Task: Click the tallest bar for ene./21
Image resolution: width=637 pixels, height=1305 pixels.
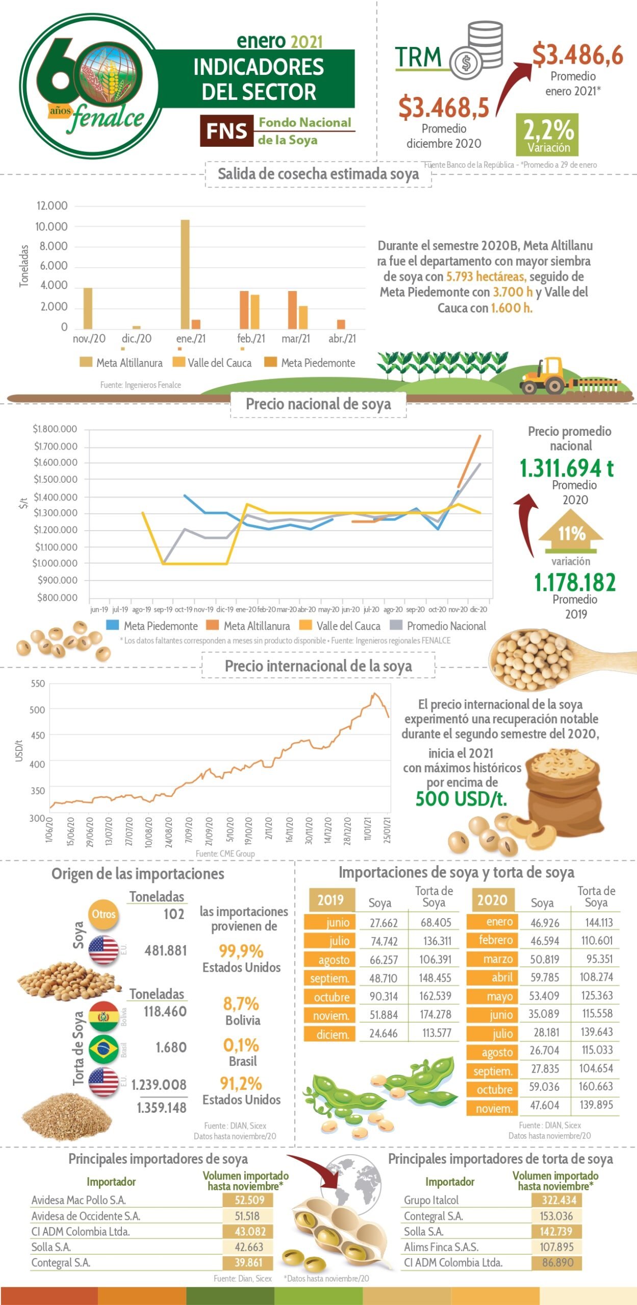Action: (x=185, y=274)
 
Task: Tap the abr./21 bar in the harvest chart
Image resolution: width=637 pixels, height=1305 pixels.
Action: (x=341, y=324)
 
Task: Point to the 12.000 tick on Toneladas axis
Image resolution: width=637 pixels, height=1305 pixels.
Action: (x=52, y=206)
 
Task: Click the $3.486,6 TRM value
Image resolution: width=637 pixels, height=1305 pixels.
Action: (x=577, y=55)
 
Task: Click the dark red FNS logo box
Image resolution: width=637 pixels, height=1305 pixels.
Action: (x=226, y=131)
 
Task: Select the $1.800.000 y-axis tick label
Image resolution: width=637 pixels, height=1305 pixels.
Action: (x=55, y=429)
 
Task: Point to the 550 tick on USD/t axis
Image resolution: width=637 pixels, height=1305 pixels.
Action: (x=38, y=684)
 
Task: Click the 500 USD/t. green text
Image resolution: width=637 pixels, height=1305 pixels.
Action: (x=461, y=798)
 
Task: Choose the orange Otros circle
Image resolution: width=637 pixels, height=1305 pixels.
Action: (x=104, y=914)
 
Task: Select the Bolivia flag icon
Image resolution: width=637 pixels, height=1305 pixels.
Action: (x=104, y=1015)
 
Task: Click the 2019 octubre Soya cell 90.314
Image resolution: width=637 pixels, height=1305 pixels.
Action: (x=384, y=997)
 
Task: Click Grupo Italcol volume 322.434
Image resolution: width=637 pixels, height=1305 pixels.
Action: (x=558, y=1200)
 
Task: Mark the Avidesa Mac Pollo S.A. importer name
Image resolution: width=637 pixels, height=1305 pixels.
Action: (x=79, y=1200)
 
